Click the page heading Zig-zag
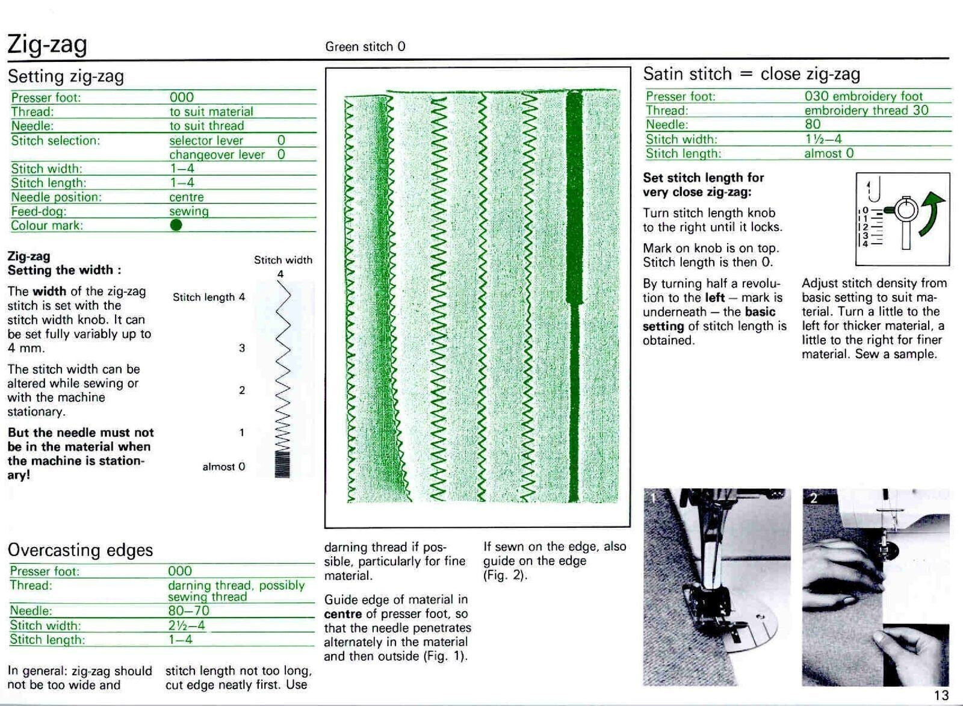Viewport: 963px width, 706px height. pos(47,45)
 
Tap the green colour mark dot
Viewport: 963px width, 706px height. pos(176,225)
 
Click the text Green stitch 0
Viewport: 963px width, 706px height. pos(365,46)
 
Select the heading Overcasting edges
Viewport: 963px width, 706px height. pos(80,550)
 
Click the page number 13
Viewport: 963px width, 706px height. pos(941,695)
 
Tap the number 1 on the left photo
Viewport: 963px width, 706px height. pos(652,497)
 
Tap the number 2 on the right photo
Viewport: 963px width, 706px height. pos(813,498)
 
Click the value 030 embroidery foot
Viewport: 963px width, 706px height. pos(863,96)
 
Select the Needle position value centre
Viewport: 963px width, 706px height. pos(187,197)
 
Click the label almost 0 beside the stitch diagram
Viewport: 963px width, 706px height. pos(223,466)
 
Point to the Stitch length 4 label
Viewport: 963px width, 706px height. pos(208,297)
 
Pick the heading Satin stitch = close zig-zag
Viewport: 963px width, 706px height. pos(751,74)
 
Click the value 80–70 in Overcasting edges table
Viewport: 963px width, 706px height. pos(188,611)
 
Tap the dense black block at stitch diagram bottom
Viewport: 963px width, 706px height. pos(282,464)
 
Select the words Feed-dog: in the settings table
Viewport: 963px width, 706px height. pos(39,211)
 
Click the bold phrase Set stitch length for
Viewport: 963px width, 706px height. pos(703,178)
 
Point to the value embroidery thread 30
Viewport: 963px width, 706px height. pos(866,110)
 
